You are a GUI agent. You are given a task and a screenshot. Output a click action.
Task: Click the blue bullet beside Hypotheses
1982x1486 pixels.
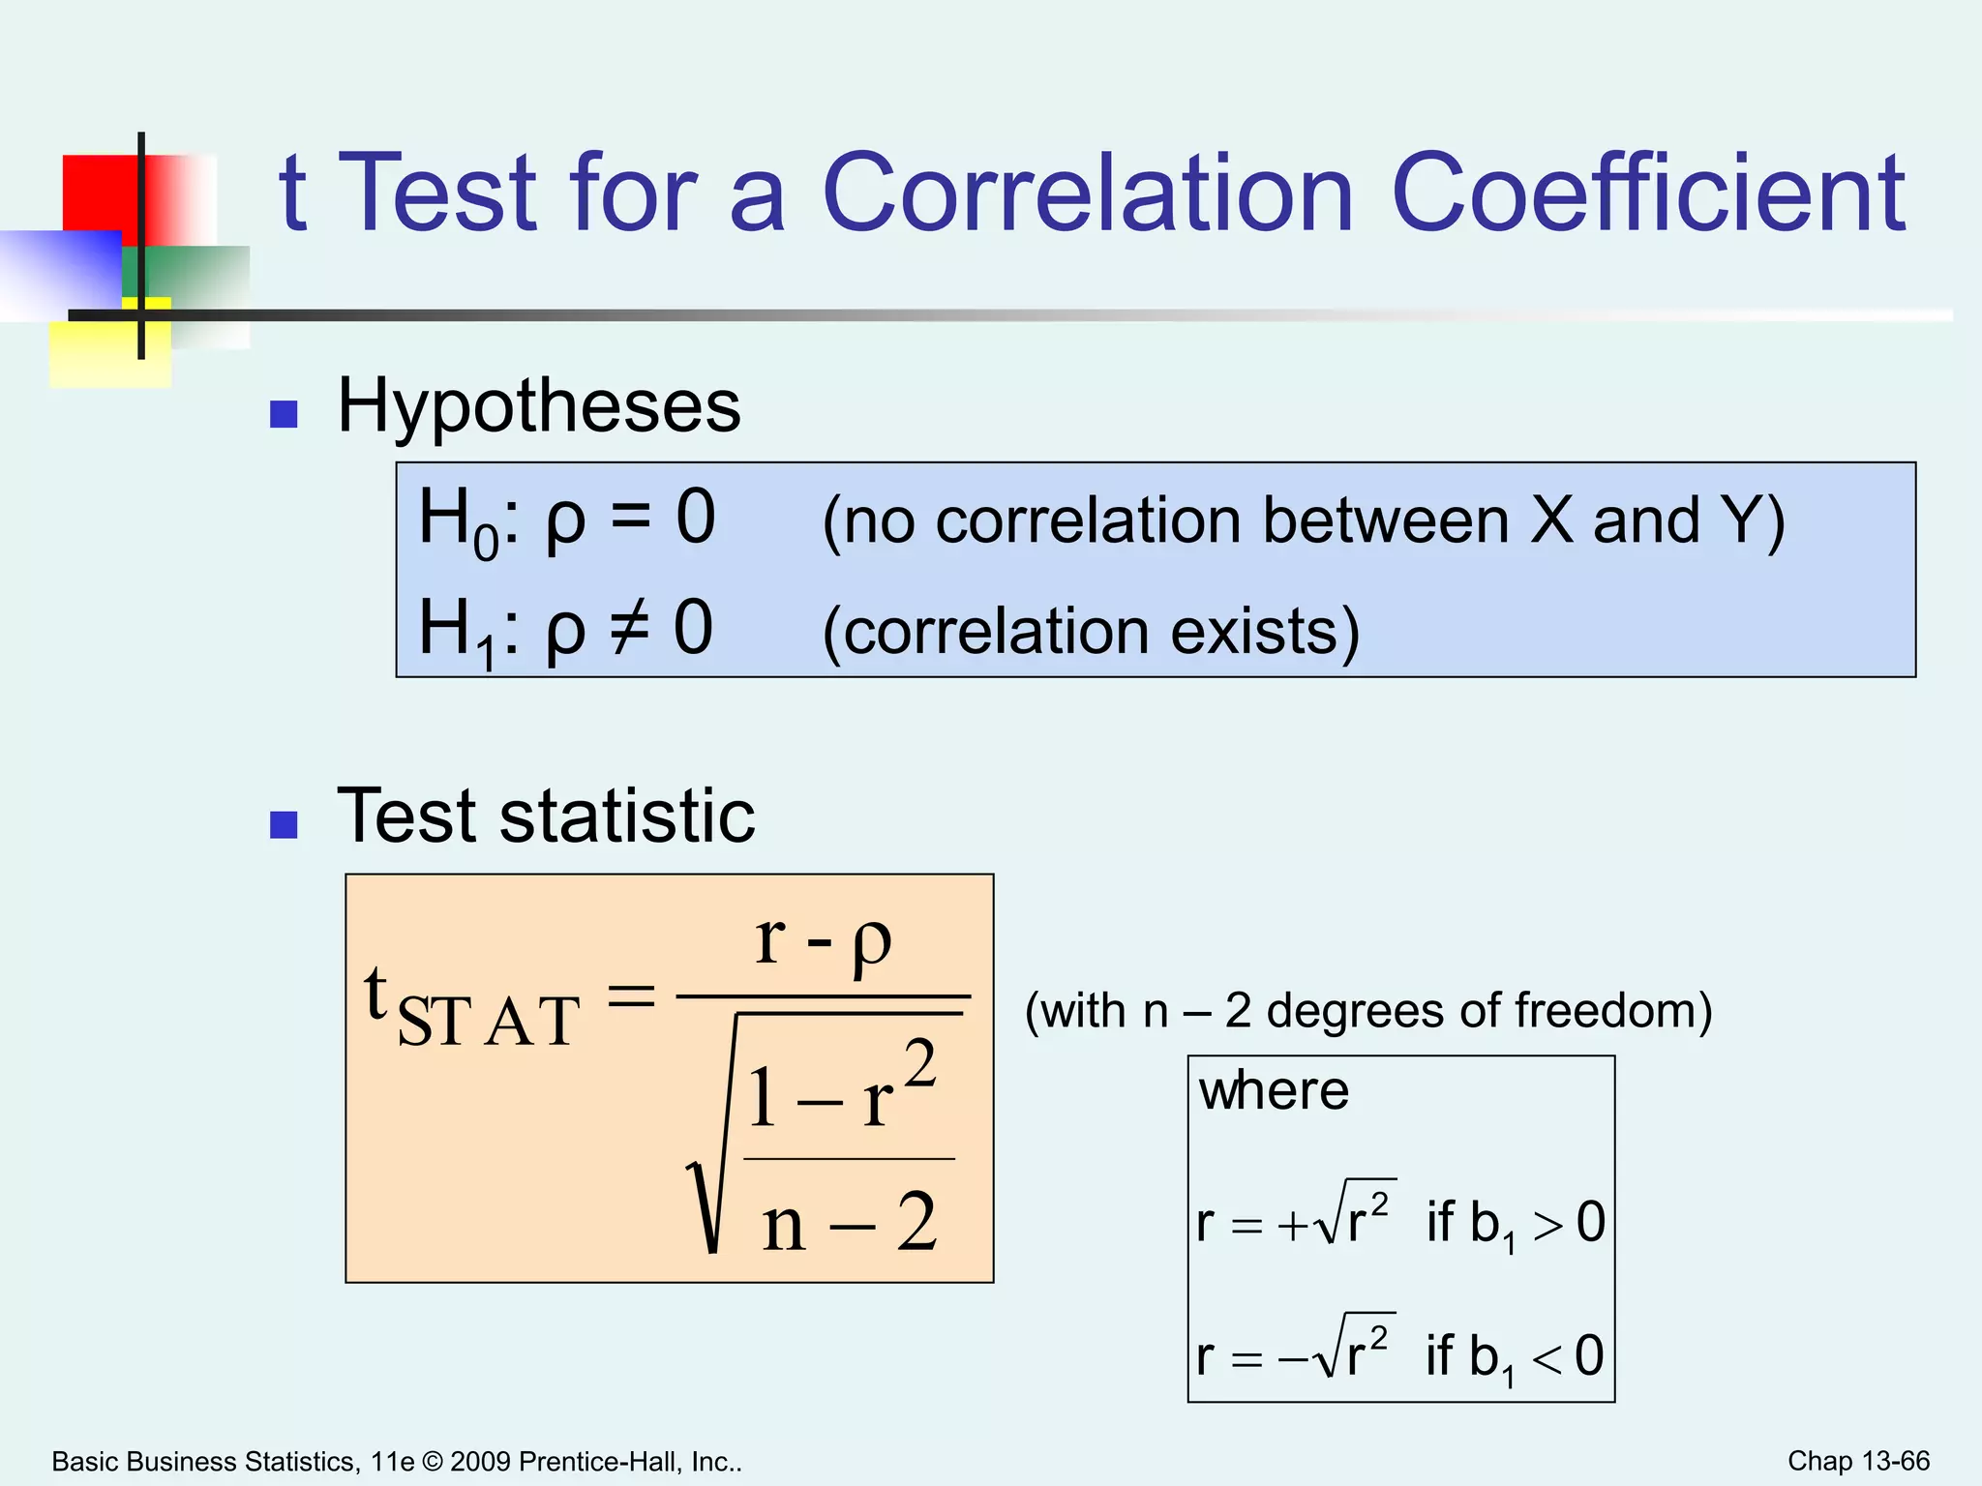pyautogui.click(x=284, y=414)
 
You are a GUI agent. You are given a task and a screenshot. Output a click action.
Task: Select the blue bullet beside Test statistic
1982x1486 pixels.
pyautogui.click(x=284, y=824)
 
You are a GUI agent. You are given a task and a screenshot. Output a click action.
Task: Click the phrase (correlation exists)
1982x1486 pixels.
pyautogui.click(x=1091, y=632)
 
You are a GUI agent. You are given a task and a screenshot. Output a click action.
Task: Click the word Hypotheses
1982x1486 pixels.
pyautogui.click(x=538, y=406)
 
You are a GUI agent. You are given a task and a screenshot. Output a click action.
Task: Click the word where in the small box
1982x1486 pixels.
pyautogui.click(x=1273, y=1091)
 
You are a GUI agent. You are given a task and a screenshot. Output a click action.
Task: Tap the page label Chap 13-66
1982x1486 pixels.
pyautogui.click(x=1858, y=1461)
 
